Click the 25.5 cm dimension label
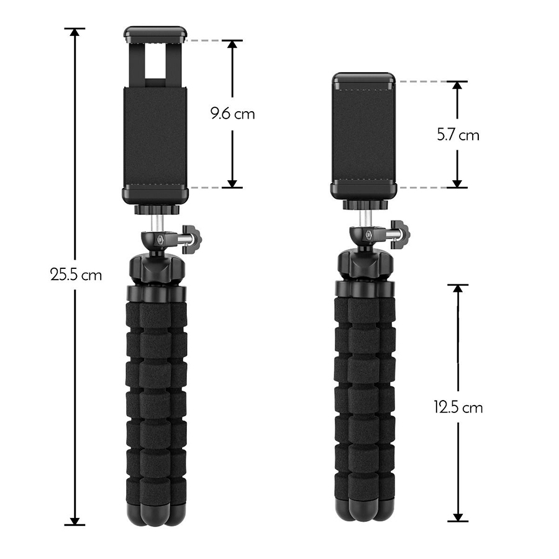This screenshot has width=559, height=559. (76, 275)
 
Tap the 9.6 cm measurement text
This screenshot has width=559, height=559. (232, 114)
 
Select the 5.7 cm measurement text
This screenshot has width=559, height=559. (458, 135)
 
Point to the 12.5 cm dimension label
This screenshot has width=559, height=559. (458, 407)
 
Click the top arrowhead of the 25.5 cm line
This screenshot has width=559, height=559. (75, 32)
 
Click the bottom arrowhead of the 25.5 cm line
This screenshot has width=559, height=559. (75, 521)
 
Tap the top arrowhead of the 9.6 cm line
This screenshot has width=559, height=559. (232, 45)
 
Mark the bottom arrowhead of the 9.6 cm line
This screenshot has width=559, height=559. (232, 183)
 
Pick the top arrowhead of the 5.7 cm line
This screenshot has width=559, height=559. (457, 86)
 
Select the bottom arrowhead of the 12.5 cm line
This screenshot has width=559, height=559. (458, 517)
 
